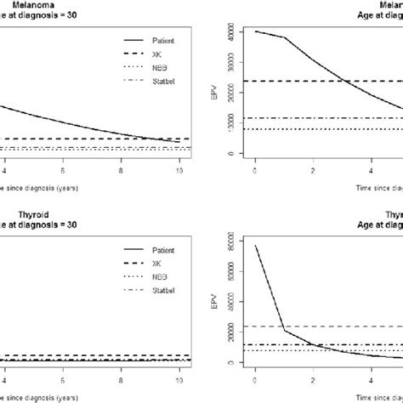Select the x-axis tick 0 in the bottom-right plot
255,380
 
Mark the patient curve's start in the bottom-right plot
255,246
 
